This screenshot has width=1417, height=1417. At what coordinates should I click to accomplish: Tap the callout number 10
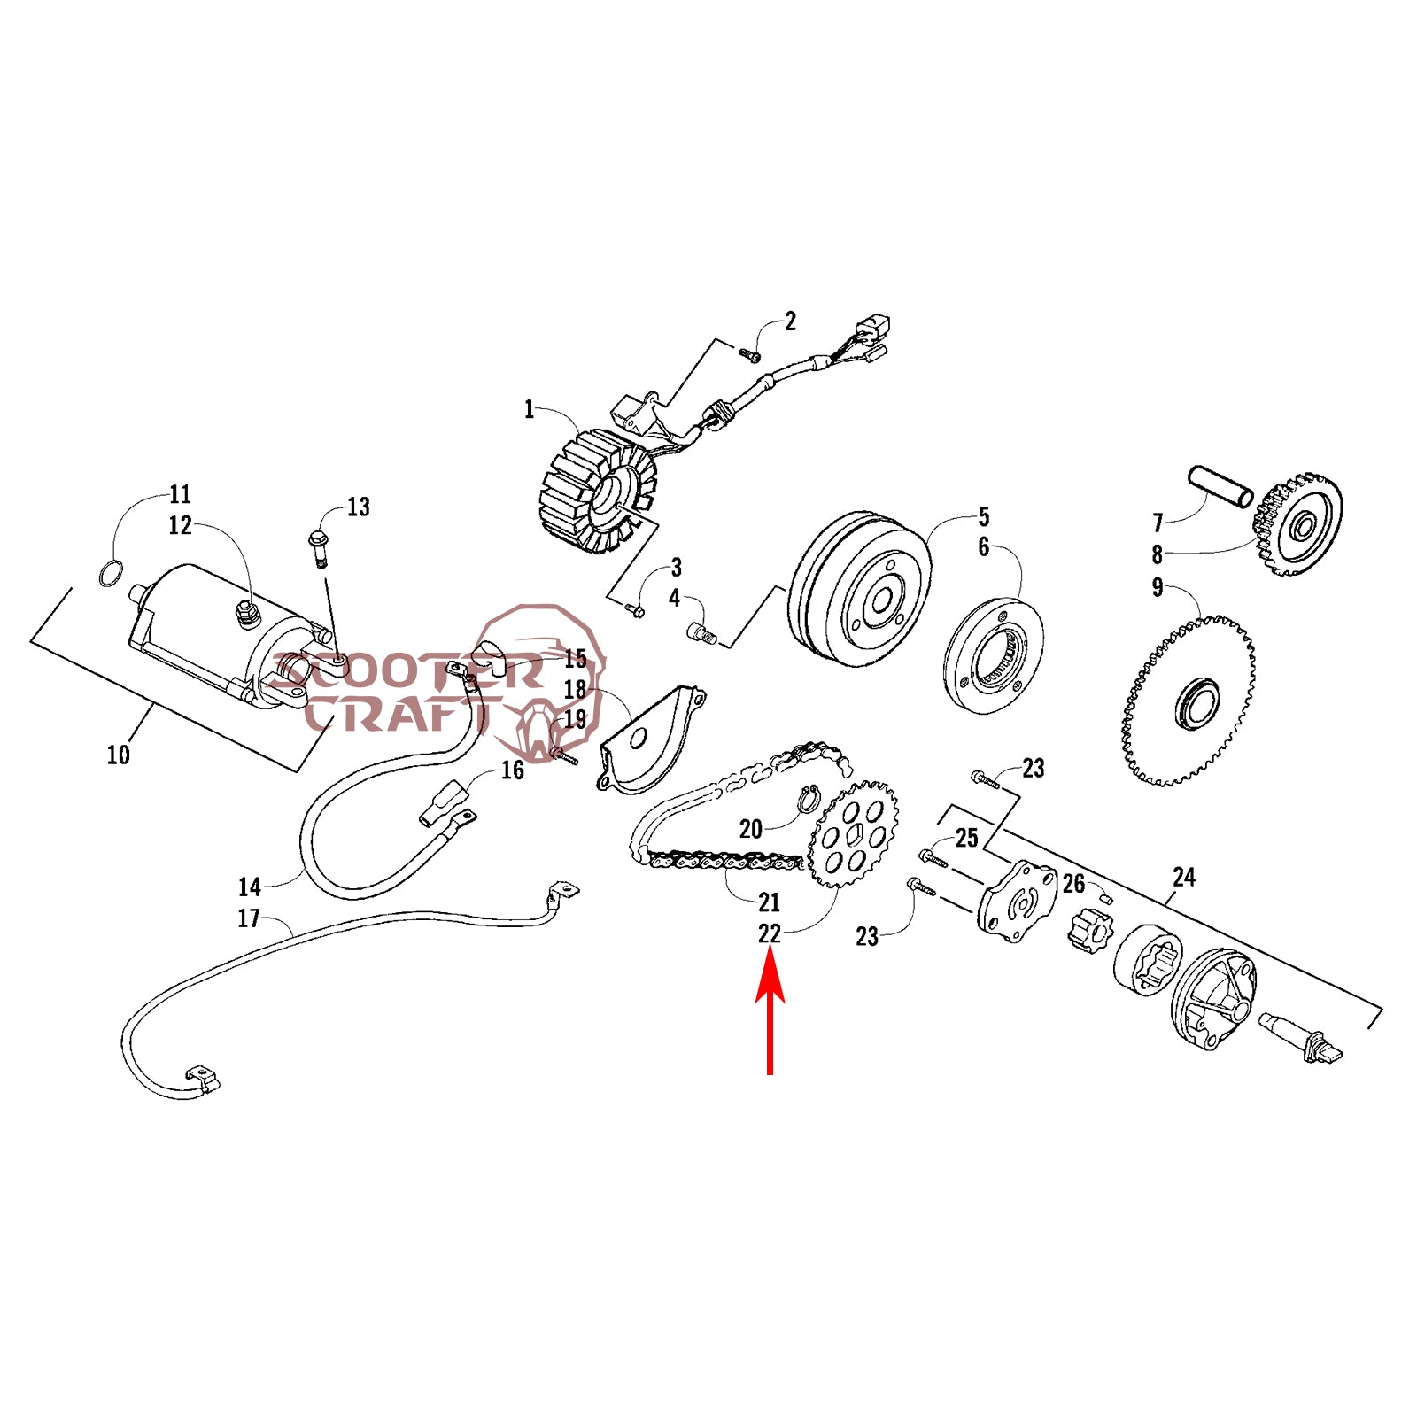pyautogui.click(x=118, y=755)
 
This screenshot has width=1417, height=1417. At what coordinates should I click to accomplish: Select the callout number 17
pyautogui.click(x=249, y=918)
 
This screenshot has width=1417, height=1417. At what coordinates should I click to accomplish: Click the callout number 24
pyautogui.click(x=1184, y=878)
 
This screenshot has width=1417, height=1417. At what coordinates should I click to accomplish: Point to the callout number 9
pyautogui.click(x=1157, y=588)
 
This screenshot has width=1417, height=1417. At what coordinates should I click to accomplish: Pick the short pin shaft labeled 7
pyautogui.click(x=1220, y=486)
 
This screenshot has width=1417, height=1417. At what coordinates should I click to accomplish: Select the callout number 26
pyautogui.click(x=1073, y=884)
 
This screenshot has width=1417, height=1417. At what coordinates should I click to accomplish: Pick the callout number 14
pyautogui.click(x=249, y=887)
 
